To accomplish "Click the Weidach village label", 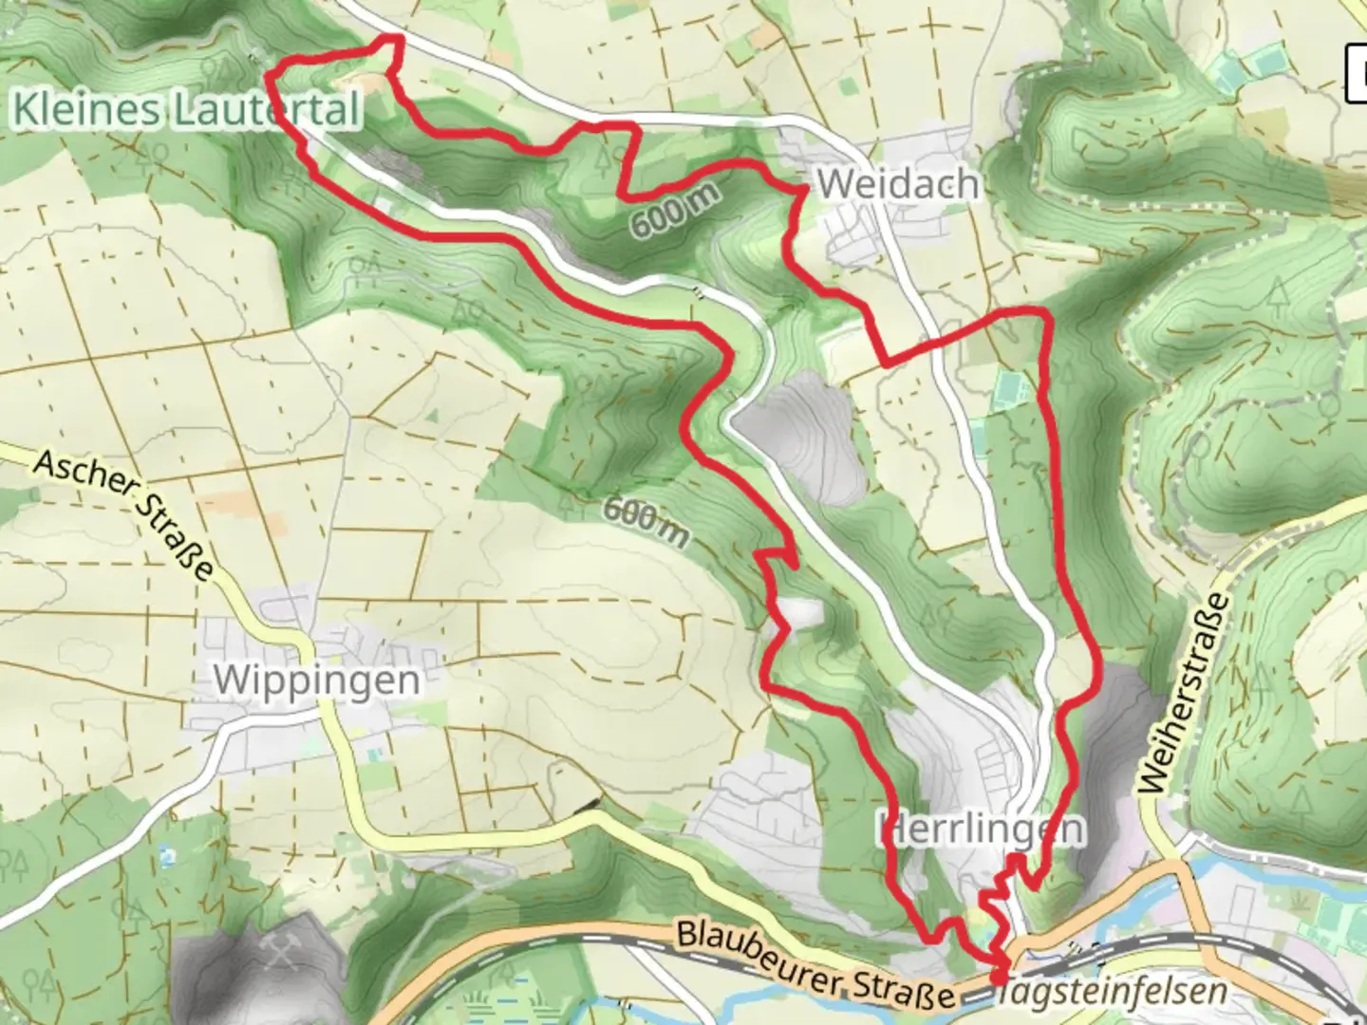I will click(x=897, y=183).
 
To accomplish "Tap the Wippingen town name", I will click(x=316, y=680).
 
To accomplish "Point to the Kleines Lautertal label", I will click(x=186, y=109).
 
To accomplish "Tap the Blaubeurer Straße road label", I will click(x=814, y=964).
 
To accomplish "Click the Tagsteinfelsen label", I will click(x=1111, y=992).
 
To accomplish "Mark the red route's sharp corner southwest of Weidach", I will click(x=885, y=363).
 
